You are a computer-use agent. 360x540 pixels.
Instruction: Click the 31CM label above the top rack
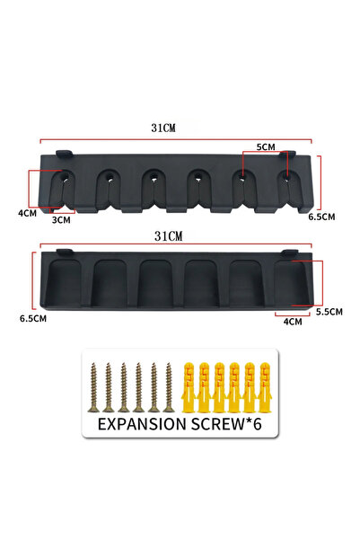pyautogui.click(x=163, y=128)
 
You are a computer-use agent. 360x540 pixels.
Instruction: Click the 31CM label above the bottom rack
pyautogui.click(x=168, y=236)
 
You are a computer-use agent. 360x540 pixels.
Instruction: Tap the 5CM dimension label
pyautogui.click(x=266, y=147)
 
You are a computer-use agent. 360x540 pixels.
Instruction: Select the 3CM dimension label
pyautogui.click(x=61, y=220)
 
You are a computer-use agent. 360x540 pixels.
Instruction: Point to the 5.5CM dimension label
pyautogui.click(x=329, y=312)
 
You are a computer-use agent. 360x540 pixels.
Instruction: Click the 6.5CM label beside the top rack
pyautogui.click(x=321, y=217)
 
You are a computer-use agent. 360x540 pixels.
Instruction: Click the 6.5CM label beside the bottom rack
pyautogui.click(x=33, y=319)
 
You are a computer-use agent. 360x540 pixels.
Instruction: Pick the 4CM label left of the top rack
pyautogui.click(x=28, y=213)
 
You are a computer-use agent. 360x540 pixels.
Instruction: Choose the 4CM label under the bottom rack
pyautogui.click(x=293, y=322)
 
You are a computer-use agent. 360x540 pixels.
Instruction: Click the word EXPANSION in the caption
pyautogui.click(x=142, y=424)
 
